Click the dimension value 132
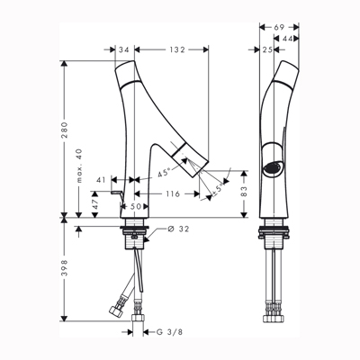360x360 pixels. click(176, 49)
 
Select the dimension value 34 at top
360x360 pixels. click(124, 49)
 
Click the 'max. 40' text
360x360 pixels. click(79, 166)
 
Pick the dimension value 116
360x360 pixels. click(173, 194)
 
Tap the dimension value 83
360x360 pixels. click(244, 191)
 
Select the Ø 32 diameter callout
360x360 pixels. click(178, 229)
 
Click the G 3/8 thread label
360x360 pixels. click(169, 332)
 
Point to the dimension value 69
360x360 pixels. click(279, 27)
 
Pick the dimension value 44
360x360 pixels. click(287, 39)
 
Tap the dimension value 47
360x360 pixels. click(95, 204)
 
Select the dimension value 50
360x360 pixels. click(136, 206)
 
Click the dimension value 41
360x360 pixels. click(102, 180)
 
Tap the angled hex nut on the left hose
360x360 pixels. click(116, 312)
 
